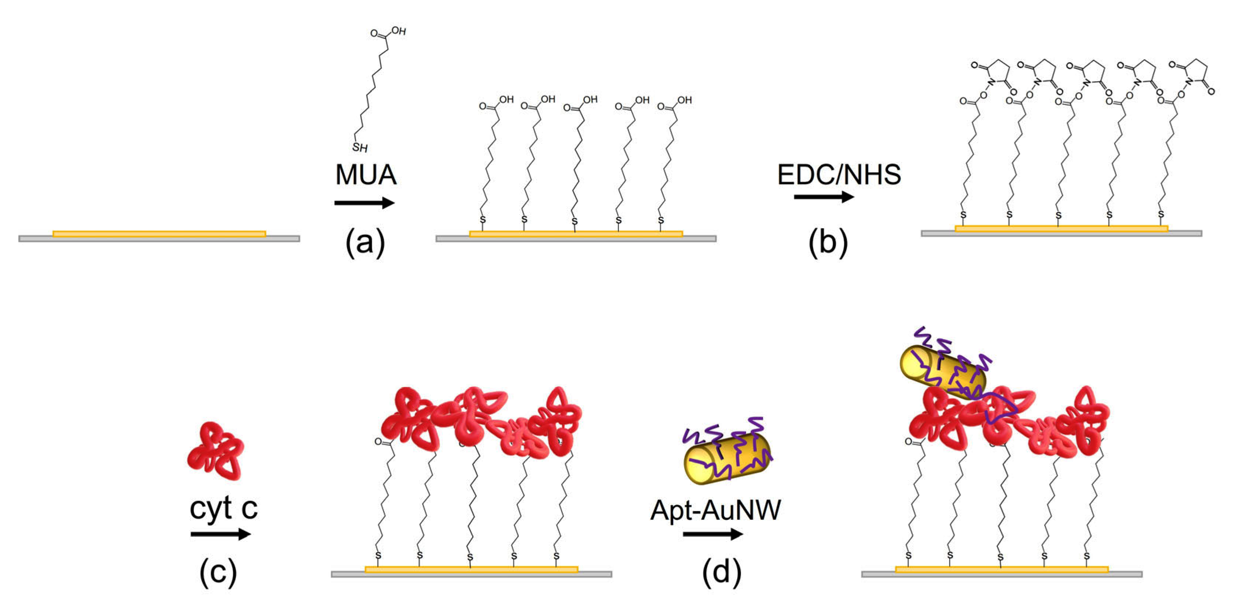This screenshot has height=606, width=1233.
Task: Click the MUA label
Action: (x=366, y=175)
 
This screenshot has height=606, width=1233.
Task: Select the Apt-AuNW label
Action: (x=716, y=510)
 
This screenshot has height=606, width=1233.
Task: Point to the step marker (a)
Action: (x=365, y=243)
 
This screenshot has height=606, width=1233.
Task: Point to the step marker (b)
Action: (x=828, y=243)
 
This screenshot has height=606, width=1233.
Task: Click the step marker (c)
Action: (x=218, y=572)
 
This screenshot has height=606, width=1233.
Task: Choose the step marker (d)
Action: (x=721, y=572)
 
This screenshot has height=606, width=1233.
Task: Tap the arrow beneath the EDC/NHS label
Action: (x=824, y=197)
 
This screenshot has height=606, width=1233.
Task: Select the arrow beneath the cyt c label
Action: (x=220, y=534)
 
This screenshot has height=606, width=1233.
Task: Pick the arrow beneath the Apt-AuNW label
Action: (x=713, y=534)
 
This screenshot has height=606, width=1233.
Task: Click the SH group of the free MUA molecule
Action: (x=360, y=147)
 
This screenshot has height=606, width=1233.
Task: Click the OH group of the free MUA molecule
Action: (x=398, y=32)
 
